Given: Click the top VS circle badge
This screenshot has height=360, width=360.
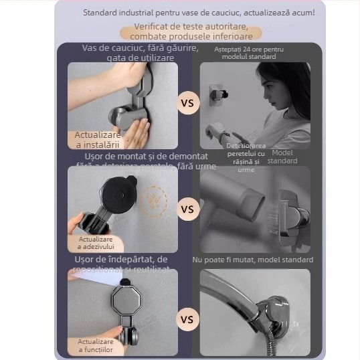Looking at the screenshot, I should coord(188,104).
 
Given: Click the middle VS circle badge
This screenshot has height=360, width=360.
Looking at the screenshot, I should coord(188,209).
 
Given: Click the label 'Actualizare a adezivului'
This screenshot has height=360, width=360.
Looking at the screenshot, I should coord(96,243).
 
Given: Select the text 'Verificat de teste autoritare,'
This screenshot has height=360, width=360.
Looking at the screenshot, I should coord(191,25).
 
